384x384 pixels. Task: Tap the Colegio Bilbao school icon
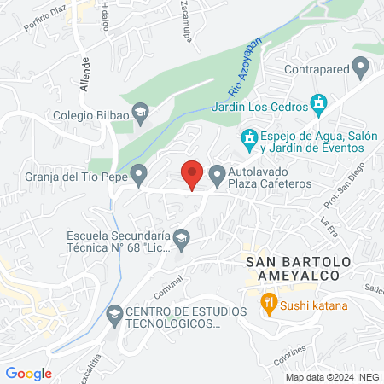(143, 110)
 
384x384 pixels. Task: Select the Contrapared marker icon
(361, 66)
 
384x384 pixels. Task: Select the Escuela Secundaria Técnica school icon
(181, 236)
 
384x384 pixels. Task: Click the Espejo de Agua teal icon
(249, 137)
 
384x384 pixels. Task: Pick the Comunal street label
(169, 283)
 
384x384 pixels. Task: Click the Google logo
(28, 373)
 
